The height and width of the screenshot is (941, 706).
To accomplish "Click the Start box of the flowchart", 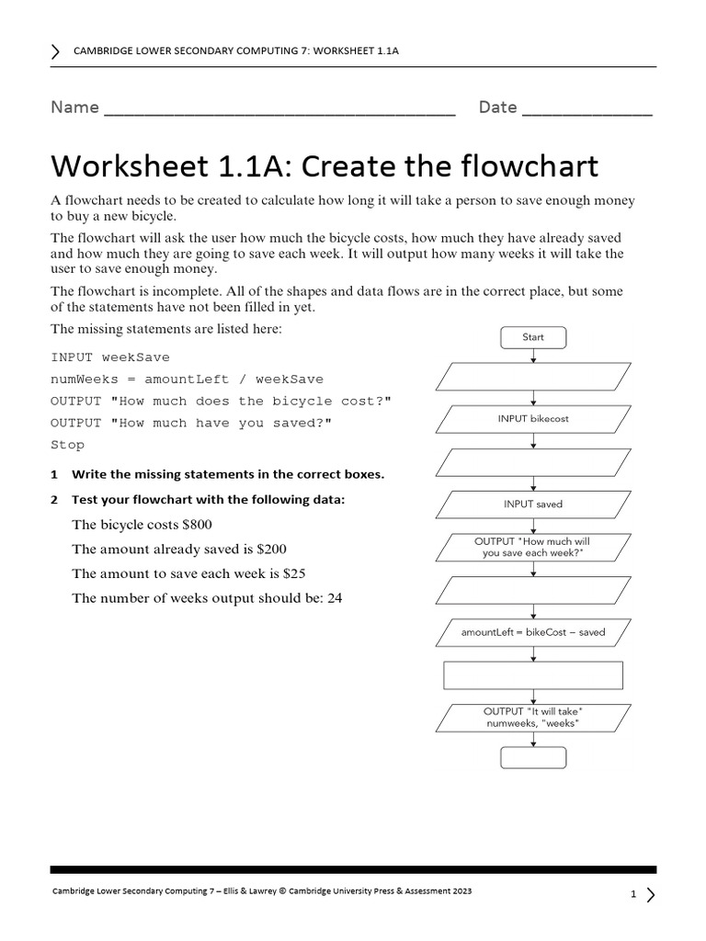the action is point(533,337).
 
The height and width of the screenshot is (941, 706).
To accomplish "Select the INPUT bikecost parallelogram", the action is point(533,419).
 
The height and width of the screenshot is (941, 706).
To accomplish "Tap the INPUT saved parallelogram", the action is point(533,505).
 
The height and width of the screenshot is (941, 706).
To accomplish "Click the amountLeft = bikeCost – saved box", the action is point(533,632).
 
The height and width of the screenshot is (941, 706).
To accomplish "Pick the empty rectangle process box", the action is point(533,675).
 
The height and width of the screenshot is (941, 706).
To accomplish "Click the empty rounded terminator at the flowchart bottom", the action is point(533,758).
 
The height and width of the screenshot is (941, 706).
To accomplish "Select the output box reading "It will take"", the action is point(533,718).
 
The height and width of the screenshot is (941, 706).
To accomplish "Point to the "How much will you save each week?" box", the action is point(533,548).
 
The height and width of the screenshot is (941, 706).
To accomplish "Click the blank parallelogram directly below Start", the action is point(533,377).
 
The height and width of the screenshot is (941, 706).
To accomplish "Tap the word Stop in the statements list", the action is point(67,445).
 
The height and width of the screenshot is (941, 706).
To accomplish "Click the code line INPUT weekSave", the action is point(110,357).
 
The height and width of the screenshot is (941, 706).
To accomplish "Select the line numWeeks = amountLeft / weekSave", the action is point(187,379).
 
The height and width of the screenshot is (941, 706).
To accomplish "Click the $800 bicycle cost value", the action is point(197,525).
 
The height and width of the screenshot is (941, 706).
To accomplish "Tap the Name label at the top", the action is point(74,108).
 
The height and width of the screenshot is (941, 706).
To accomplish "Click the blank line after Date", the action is point(586,110).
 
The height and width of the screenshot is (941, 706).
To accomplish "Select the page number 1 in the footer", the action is point(633,894).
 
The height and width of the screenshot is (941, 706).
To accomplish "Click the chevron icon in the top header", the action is point(57,51).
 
